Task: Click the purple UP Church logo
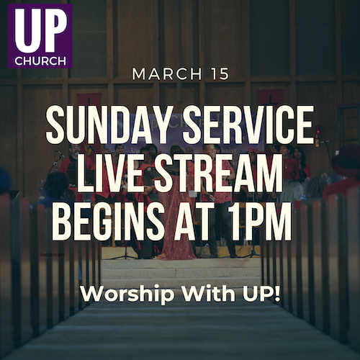pos(40,36)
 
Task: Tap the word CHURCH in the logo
pos(40,60)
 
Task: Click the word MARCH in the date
pos(167,74)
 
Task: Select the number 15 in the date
pos(220,74)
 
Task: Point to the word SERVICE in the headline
pos(248,125)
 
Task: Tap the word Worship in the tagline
pos(127,294)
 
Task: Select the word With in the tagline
pos(209,293)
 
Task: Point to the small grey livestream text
pos(52,254)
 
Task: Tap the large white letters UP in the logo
pos(40,31)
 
